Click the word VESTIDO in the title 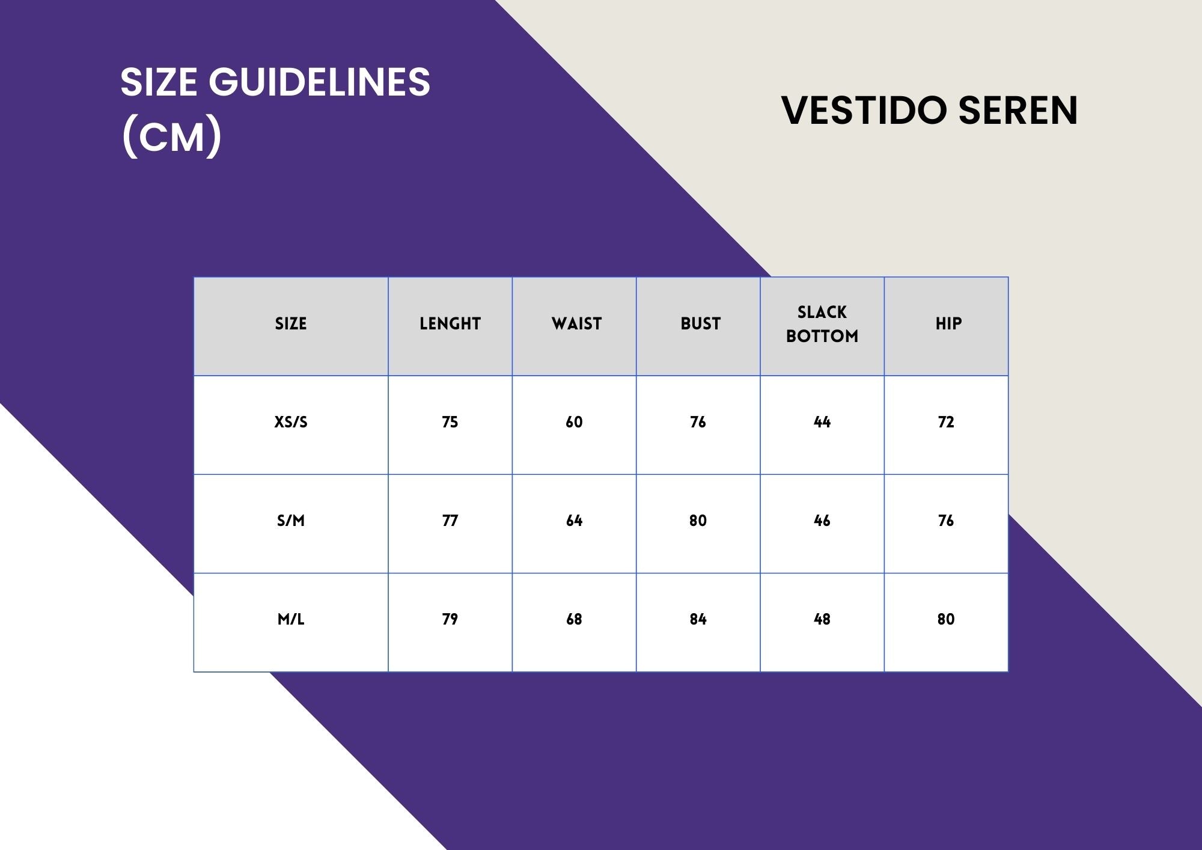(864, 111)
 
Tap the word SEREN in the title (1018, 111)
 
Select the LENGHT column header (450, 324)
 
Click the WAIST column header (576, 324)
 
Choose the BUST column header (700, 324)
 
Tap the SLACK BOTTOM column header (822, 324)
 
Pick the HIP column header (948, 324)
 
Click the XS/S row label (291, 423)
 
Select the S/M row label (291, 521)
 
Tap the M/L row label (291, 620)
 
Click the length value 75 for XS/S (450, 423)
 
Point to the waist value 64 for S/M (574, 521)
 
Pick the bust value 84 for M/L (698, 620)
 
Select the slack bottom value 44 (822, 423)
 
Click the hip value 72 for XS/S (946, 423)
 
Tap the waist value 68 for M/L (574, 620)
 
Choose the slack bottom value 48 (822, 620)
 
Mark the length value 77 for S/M (450, 521)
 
